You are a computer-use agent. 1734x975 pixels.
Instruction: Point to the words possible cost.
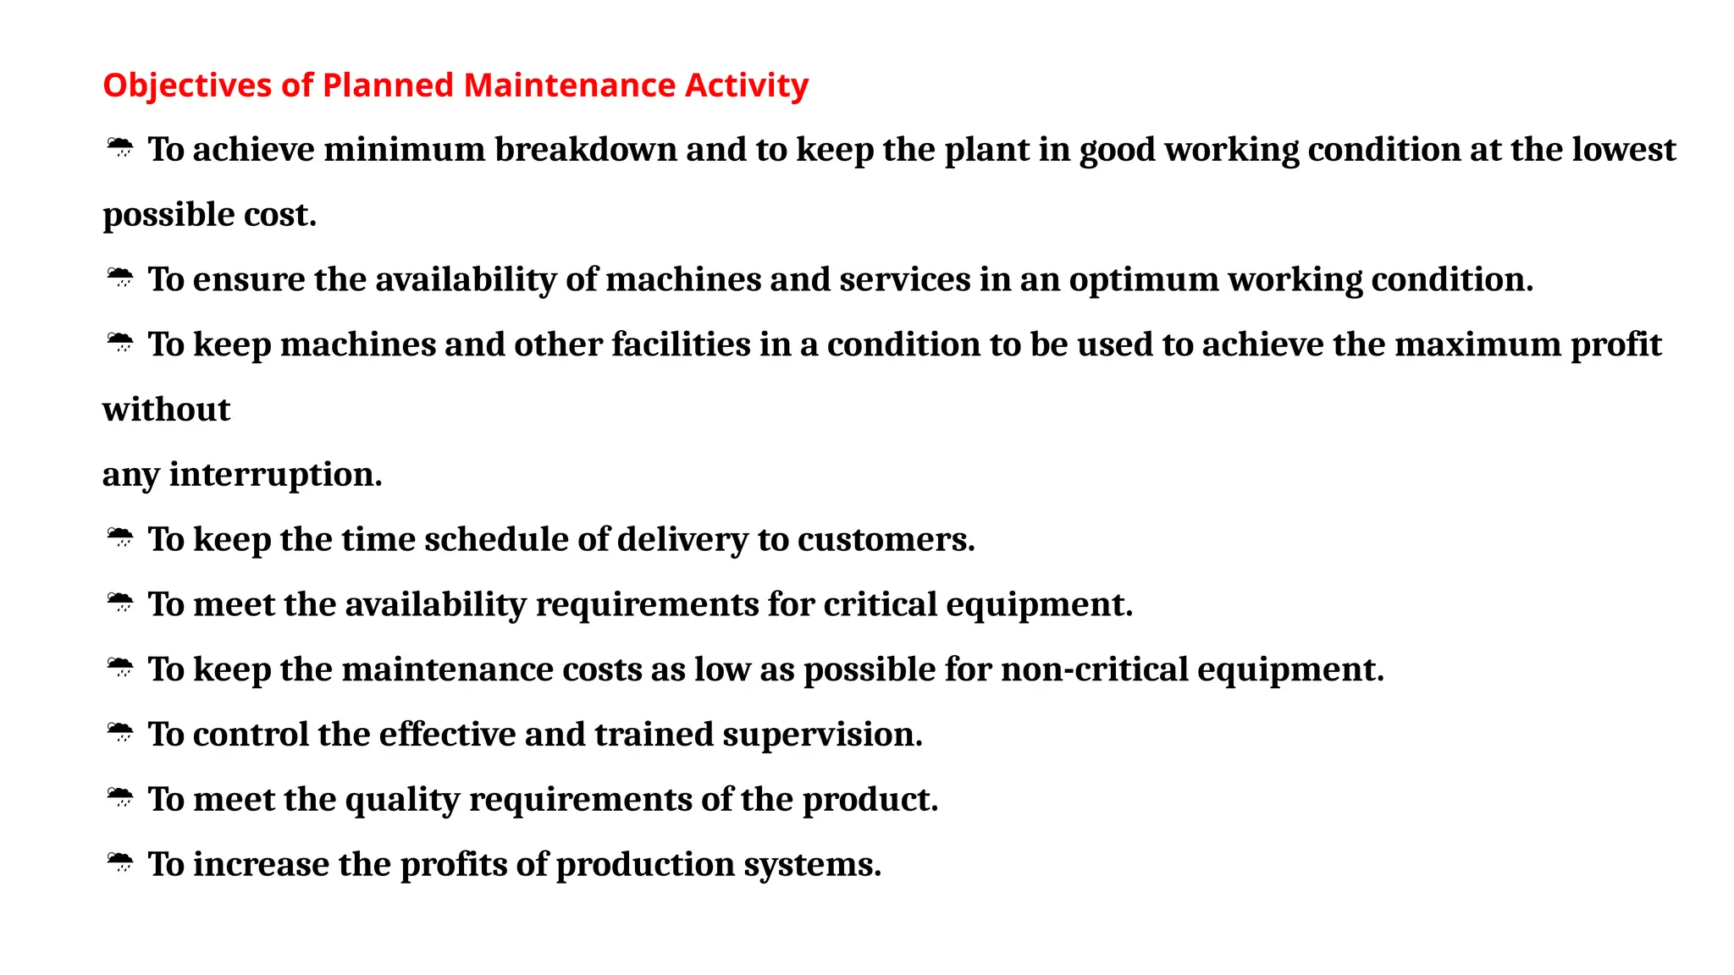(209, 215)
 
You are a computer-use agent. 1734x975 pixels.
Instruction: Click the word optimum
(1143, 280)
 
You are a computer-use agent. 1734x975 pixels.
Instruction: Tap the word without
(166, 410)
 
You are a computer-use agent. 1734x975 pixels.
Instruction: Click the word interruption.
(275, 475)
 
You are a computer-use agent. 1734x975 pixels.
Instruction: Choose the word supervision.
(822, 735)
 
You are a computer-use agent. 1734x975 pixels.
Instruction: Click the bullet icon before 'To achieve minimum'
(120, 149)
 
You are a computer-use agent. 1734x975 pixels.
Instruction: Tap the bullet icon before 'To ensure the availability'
(120, 278)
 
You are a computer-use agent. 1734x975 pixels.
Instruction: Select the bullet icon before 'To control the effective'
(120, 733)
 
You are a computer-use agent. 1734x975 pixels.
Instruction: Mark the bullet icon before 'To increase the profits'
(120, 863)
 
